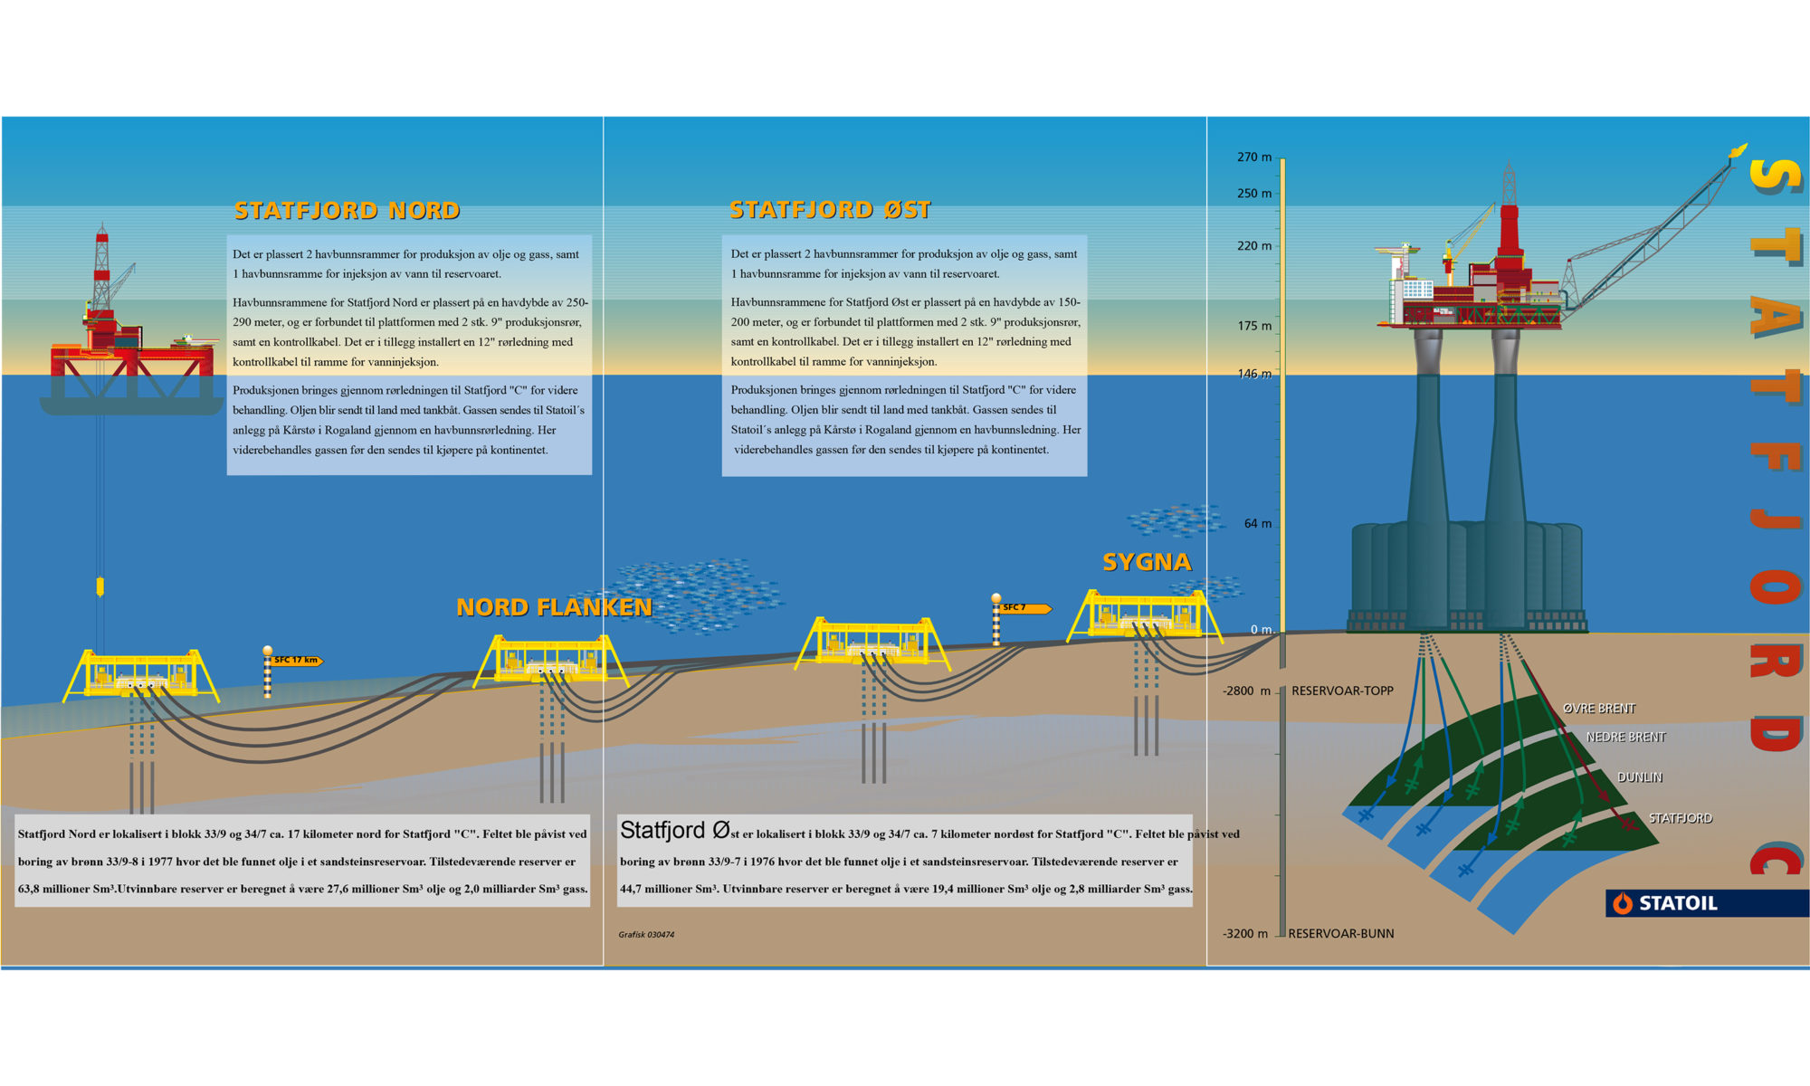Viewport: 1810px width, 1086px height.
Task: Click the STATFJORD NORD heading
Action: pyautogui.click(x=347, y=211)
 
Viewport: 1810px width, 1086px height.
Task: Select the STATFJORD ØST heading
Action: pyautogui.click(x=830, y=210)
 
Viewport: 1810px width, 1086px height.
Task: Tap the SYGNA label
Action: pyautogui.click(x=1147, y=562)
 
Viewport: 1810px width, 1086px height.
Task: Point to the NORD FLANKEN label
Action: pyautogui.click(x=554, y=607)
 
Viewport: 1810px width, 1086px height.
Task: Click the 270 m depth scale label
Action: pyautogui.click(x=1254, y=157)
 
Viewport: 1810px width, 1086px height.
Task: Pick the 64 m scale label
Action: pyautogui.click(x=1257, y=524)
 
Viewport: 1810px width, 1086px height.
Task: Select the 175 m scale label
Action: pyautogui.click(x=1254, y=326)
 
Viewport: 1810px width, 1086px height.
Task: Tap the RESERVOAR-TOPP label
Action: pyautogui.click(x=1342, y=691)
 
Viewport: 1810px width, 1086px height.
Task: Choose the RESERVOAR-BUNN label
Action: pyautogui.click(x=1340, y=934)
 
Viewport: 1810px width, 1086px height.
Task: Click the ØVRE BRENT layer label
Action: pyautogui.click(x=1599, y=709)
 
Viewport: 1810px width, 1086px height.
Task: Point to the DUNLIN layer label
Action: pyautogui.click(x=1640, y=777)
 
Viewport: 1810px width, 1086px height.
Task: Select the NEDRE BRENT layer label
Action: pyautogui.click(x=1625, y=738)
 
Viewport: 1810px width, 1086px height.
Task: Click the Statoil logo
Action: pyautogui.click(x=1664, y=903)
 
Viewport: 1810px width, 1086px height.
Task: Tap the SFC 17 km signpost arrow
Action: pyautogui.click(x=297, y=661)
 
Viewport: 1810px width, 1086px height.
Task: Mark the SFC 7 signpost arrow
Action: pyautogui.click(x=1025, y=608)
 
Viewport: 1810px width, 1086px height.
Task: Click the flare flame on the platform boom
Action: pyautogui.click(x=1738, y=150)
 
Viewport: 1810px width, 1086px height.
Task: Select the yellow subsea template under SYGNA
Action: pyautogui.click(x=1144, y=616)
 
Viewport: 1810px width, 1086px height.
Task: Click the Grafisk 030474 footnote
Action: pyautogui.click(x=646, y=935)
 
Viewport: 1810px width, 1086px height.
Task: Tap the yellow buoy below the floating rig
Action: pyautogui.click(x=100, y=586)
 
